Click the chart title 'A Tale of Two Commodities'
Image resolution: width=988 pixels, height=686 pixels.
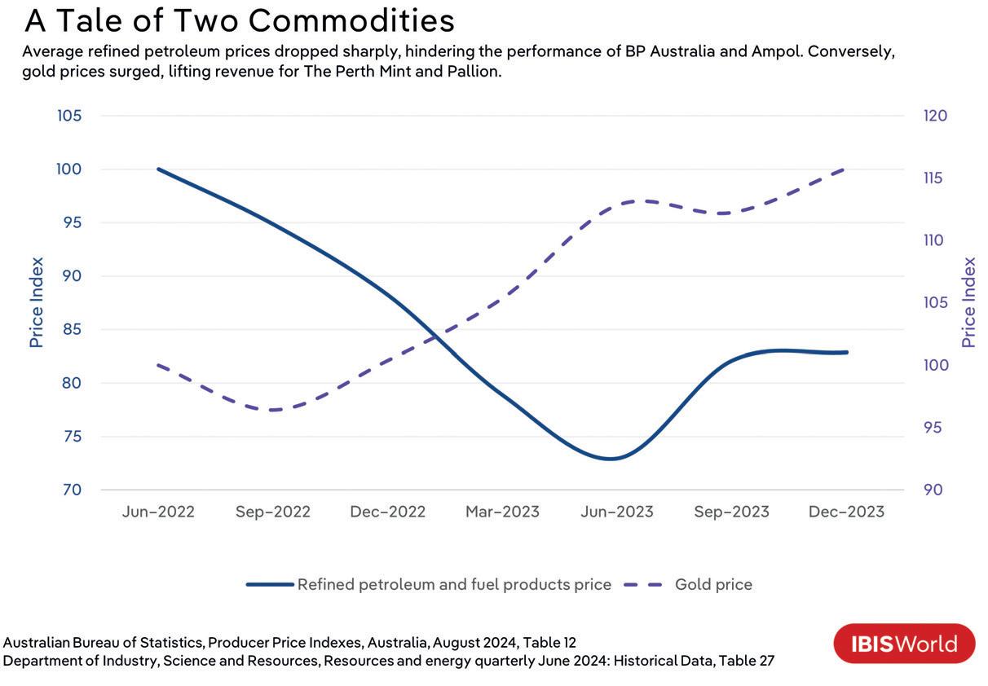(x=239, y=20)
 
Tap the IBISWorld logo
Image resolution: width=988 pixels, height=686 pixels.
(x=904, y=644)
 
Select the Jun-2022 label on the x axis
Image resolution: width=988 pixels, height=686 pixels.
(x=158, y=512)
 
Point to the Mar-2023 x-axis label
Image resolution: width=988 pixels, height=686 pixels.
(x=502, y=512)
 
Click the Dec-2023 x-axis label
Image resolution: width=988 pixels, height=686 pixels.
(x=846, y=512)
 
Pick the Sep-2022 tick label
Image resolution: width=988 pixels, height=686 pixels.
(x=273, y=512)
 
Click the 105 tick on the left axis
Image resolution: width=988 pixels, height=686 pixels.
(x=69, y=116)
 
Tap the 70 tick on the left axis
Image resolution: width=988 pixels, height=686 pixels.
(x=71, y=490)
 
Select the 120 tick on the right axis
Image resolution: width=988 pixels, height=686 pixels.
(x=935, y=116)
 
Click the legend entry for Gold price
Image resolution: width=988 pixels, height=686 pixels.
(x=712, y=584)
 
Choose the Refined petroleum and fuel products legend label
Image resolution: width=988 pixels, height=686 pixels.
(x=454, y=584)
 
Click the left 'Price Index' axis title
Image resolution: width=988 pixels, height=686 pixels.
(x=36, y=302)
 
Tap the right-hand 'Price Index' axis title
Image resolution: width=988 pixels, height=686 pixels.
(x=968, y=302)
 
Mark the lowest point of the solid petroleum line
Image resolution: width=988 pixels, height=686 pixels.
(x=609, y=459)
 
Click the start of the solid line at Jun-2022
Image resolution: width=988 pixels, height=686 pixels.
(x=158, y=169)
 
